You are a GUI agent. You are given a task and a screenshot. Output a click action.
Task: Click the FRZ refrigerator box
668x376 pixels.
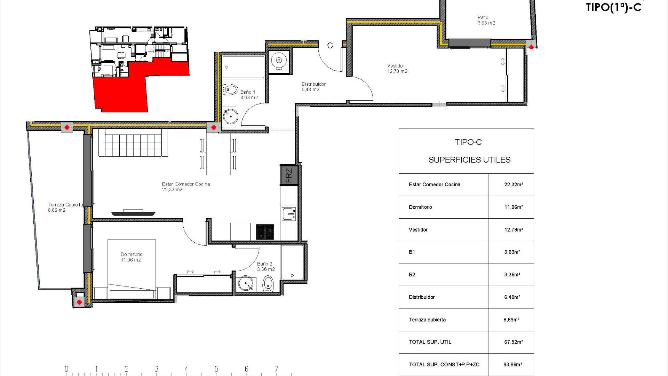click(x=289, y=175)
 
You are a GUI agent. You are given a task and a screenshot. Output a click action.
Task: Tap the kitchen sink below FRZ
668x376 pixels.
click(x=289, y=213)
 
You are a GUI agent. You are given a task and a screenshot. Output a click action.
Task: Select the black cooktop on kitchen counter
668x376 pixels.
click(x=265, y=232)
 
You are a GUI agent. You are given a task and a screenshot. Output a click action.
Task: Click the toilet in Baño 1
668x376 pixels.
click(x=230, y=89)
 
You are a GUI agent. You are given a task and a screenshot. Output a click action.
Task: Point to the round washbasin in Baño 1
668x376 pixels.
click(x=230, y=116)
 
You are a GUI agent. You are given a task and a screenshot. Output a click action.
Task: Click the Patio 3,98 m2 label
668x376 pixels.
click(x=486, y=20)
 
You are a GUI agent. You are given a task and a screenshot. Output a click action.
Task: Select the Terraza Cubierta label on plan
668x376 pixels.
click(x=65, y=207)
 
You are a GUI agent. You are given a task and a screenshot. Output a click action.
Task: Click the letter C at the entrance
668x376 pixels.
click(x=330, y=46)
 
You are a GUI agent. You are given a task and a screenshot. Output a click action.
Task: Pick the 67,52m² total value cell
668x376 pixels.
click(x=513, y=342)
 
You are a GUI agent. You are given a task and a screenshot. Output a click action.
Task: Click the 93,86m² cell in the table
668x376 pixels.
click(x=512, y=365)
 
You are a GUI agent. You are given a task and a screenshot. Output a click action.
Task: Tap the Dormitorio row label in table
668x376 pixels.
click(x=420, y=207)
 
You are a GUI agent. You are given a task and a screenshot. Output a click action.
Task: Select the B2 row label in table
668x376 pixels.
click(x=412, y=275)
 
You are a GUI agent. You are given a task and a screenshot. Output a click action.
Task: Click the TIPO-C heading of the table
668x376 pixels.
click(x=468, y=142)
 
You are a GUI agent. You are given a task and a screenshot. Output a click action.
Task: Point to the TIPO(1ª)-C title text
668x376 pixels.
click(x=613, y=7)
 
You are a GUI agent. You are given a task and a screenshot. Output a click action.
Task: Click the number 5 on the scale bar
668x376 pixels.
click(x=216, y=369)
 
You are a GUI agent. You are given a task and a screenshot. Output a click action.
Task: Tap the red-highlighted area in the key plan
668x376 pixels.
click(x=122, y=92)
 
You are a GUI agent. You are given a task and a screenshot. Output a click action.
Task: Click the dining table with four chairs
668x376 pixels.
click(x=218, y=154)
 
